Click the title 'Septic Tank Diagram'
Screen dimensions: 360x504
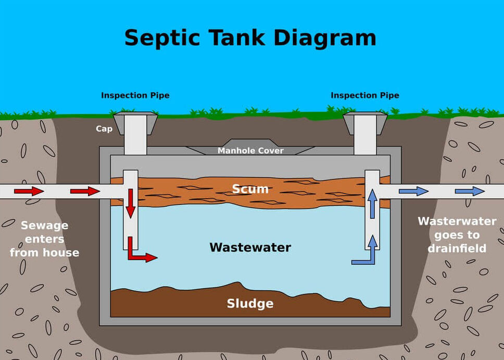250,38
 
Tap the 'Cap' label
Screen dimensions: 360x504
104,128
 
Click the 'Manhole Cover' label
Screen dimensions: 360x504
250,151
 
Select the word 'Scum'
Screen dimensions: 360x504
250,188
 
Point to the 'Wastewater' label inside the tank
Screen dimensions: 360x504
250,247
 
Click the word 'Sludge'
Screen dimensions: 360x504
250,303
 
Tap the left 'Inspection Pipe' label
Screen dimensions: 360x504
135,96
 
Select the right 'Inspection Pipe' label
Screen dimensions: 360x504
364,96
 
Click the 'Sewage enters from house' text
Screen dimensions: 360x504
44,239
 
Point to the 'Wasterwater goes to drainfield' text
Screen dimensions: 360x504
457,235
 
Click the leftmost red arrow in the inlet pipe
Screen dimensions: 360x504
29,191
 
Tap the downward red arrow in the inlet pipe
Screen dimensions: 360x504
130,203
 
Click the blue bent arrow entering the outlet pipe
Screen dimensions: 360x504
368,252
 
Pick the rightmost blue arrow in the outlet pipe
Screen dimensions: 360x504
470,191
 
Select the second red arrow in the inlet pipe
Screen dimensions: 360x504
85,191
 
